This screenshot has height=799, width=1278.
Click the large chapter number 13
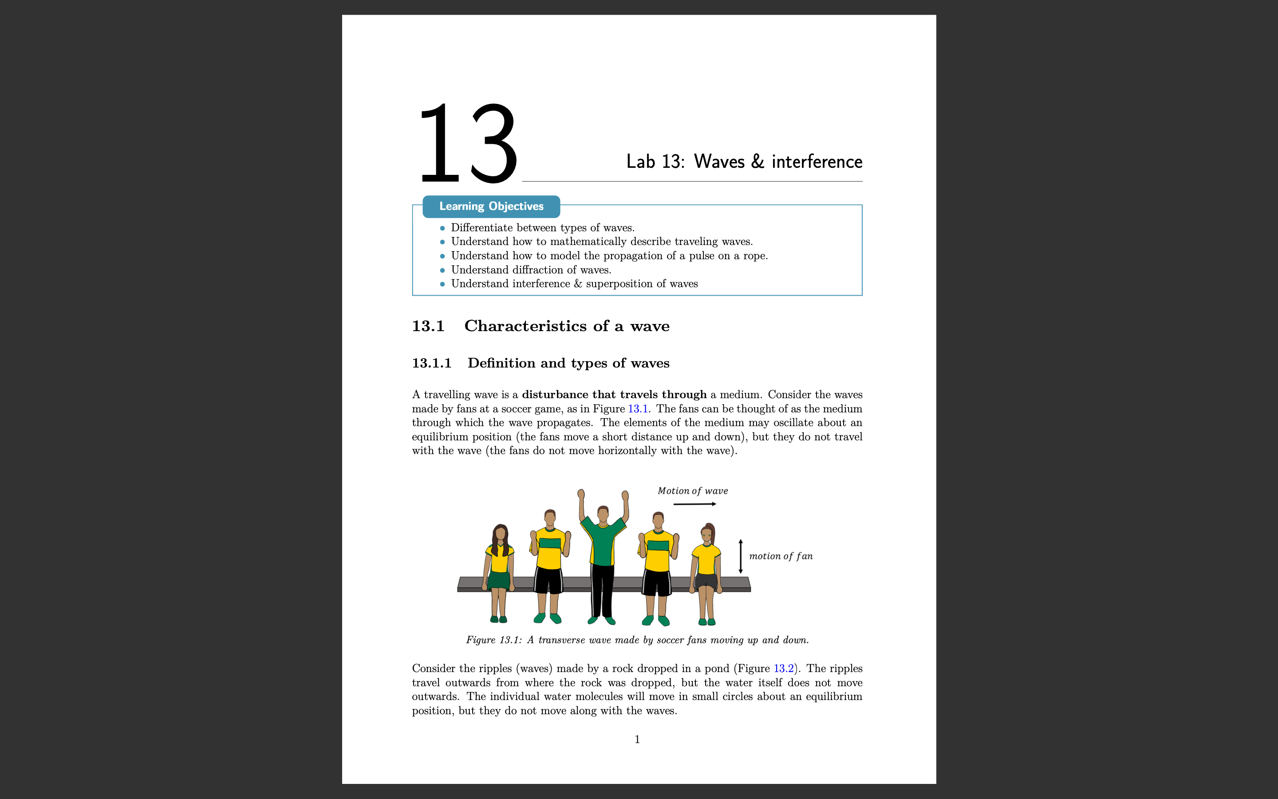point(468,144)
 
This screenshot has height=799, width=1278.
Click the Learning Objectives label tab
point(491,206)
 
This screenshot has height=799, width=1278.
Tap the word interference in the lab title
point(816,162)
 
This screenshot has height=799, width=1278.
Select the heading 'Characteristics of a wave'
point(567,326)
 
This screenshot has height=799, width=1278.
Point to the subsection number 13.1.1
point(431,363)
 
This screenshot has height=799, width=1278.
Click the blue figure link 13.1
point(637,408)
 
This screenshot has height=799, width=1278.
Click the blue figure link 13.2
point(783,668)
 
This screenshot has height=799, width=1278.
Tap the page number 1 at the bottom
point(637,739)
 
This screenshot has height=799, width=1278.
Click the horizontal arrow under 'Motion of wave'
point(694,504)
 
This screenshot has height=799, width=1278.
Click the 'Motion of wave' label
point(692,491)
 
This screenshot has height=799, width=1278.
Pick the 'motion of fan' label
point(781,556)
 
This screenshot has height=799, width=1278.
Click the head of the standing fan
point(603,513)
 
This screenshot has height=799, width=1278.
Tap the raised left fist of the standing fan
point(581,494)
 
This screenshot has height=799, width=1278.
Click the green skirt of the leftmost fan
point(498,580)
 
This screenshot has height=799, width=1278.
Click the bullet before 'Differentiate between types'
point(442,228)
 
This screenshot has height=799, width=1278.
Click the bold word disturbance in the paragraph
point(555,395)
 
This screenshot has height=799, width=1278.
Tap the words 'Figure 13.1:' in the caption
point(494,640)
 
